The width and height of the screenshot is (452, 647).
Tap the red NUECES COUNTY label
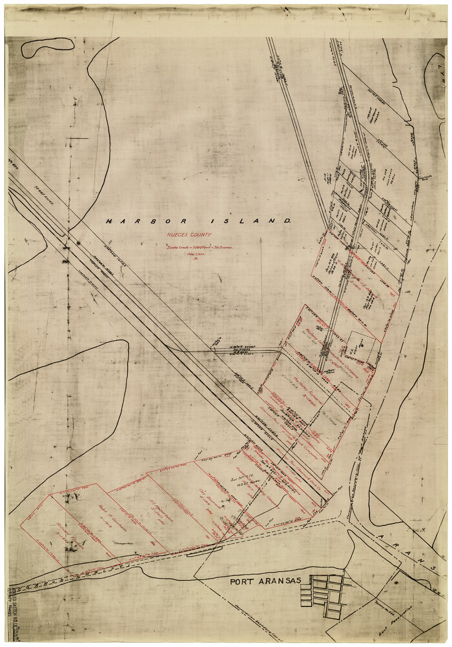(197, 236)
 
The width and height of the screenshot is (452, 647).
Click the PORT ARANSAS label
(267, 581)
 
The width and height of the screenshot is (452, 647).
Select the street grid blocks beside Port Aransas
(325, 595)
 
